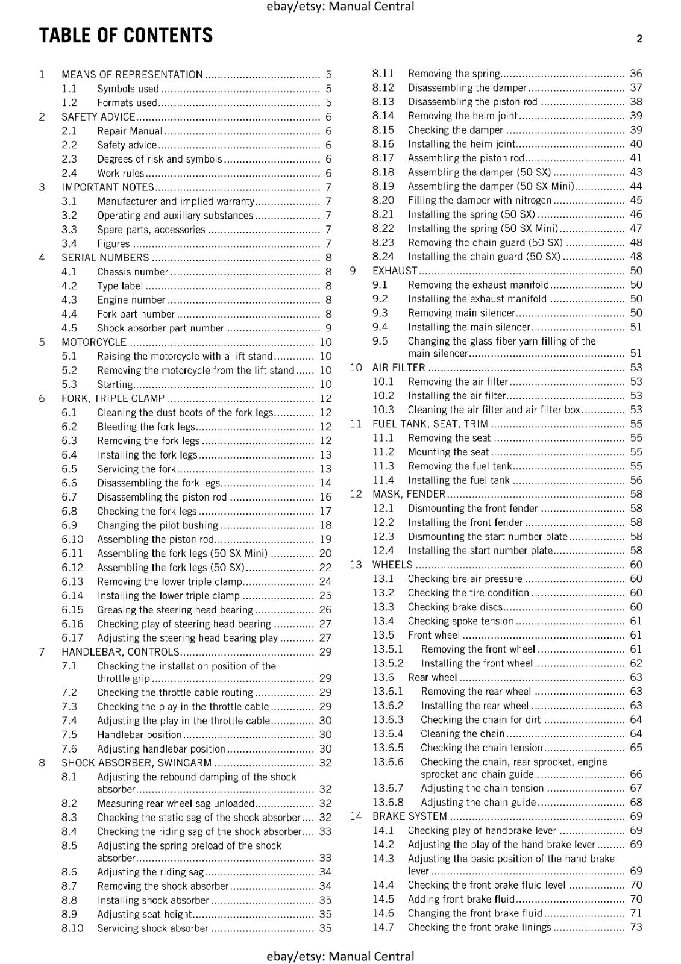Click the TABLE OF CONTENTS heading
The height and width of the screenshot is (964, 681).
click(125, 36)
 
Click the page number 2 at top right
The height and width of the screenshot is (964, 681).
click(639, 39)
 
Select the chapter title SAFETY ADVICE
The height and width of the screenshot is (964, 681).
click(98, 117)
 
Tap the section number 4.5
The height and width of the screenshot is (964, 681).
click(69, 328)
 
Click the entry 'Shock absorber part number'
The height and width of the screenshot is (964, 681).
click(160, 328)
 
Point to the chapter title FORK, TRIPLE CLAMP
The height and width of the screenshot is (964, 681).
click(113, 399)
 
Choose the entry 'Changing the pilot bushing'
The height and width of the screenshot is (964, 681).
click(157, 525)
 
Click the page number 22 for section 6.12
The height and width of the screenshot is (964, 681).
click(325, 568)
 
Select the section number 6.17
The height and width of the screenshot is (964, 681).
click(72, 638)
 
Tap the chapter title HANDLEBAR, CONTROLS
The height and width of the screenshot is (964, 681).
click(121, 652)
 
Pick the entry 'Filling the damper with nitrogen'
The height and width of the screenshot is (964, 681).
click(479, 201)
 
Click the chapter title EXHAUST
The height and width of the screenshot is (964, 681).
click(395, 271)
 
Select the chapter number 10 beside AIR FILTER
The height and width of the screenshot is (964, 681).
click(356, 368)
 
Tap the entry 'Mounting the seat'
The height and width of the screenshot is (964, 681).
click(448, 452)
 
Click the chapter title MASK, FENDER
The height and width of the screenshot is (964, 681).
click(409, 495)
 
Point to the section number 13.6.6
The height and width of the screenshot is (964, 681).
click(388, 762)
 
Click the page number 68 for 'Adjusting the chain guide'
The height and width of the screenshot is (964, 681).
click(636, 803)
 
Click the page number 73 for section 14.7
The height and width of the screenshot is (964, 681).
click(636, 928)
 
